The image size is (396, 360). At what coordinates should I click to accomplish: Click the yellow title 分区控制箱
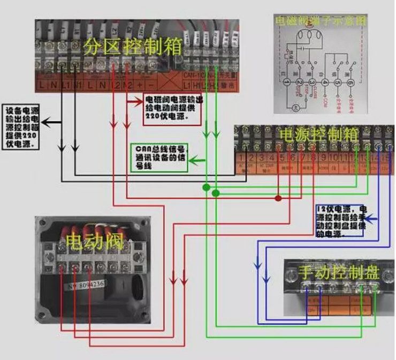coord(128,48)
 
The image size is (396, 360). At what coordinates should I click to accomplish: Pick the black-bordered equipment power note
coord(21,124)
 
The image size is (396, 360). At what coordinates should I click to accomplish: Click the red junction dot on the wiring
coord(278,198)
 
